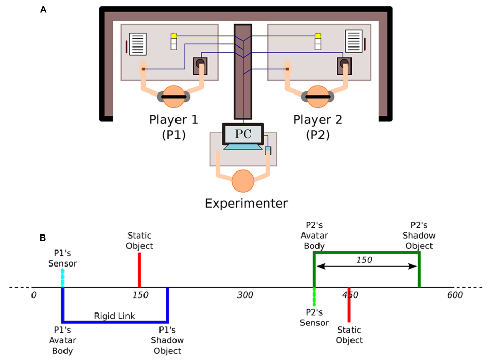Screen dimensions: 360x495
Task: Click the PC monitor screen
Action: point(243,134)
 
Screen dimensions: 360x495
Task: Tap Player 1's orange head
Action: point(174,97)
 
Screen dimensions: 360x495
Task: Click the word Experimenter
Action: point(246,204)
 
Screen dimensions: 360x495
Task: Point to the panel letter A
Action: point(44,9)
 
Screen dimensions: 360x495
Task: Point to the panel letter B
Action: point(44,238)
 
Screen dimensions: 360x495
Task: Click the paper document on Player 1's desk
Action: point(137,44)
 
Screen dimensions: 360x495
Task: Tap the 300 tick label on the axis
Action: point(246,295)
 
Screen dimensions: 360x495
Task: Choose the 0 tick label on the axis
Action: point(34,295)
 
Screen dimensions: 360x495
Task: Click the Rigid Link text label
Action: point(115,315)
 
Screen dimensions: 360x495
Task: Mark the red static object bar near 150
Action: point(139,270)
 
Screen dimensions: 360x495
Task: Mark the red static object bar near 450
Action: point(349,305)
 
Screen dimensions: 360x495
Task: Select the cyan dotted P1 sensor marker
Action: point(62,278)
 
